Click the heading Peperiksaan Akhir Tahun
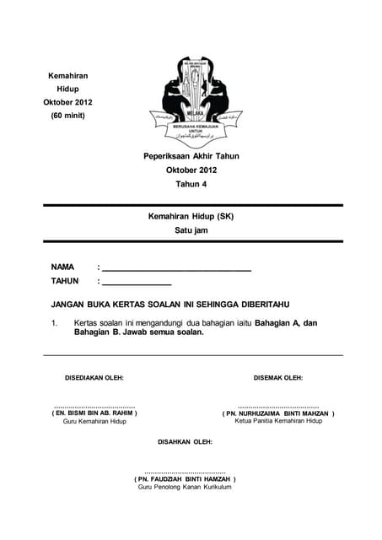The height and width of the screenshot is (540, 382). click(x=191, y=156)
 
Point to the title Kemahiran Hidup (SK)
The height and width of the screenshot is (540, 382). click(x=191, y=216)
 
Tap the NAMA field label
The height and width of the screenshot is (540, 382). click(x=63, y=267)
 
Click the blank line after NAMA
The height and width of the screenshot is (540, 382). click(x=177, y=269)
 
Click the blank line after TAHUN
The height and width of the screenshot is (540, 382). click(x=137, y=283)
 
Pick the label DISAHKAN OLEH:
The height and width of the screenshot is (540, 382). click(x=186, y=441)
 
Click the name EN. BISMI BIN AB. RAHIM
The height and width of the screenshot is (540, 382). click(x=94, y=413)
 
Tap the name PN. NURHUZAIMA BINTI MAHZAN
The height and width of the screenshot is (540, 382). click(x=278, y=413)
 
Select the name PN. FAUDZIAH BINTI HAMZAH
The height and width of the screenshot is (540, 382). click(x=185, y=478)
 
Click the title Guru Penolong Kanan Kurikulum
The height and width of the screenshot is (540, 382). click(x=185, y=487)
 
